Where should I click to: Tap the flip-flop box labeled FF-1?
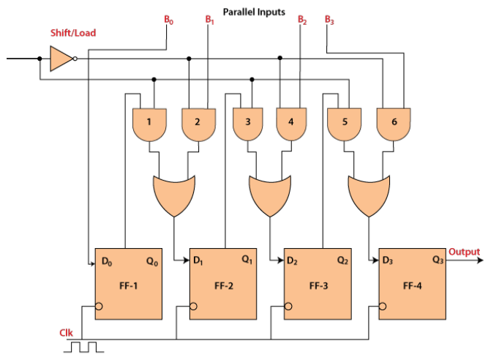129,283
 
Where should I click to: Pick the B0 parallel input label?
169,20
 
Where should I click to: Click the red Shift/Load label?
72,33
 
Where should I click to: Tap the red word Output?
465,252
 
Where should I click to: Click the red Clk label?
66,334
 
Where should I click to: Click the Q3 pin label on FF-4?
438,260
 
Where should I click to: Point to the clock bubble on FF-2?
193,306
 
